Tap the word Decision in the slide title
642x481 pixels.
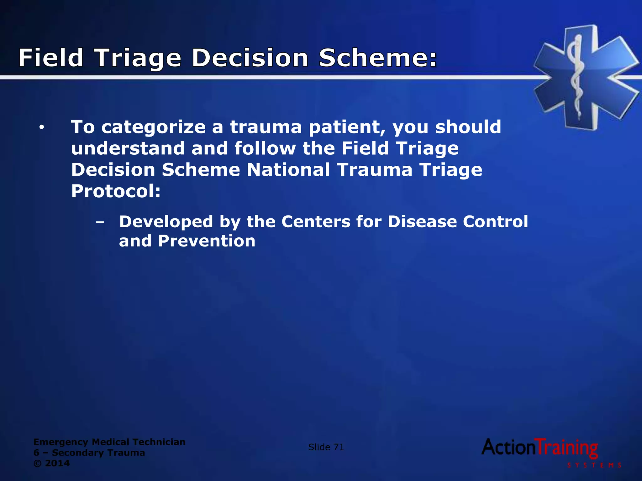pyautogui.click(x=250, y=58)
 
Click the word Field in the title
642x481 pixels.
pyautogui.click(x=51, y=58)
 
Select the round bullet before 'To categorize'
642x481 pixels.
pyautogui.click(x=41, y=128)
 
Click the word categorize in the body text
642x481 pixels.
pyautogui.click(x=154, y=127)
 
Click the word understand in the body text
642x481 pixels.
pyautogui.click(x=128, y=148)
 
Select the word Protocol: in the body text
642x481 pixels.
pyautogui.click(x=116, y=191)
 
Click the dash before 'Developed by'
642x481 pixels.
pyautogui.click(x=100, y=222)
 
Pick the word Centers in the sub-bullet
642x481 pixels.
pyautogui.click(x=316, y=222)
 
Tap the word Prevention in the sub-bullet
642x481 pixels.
pyautogui.click(x=207, y=241)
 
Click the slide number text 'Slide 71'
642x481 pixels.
pyautogui.click(x=326, y=447)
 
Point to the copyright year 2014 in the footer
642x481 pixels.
pyautogui.click(x=57, y=463)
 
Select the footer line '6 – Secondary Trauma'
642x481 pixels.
pyautogui.click(x=89, y=453)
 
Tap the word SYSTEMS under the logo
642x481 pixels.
pyautogui.click(x=594, y=465)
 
